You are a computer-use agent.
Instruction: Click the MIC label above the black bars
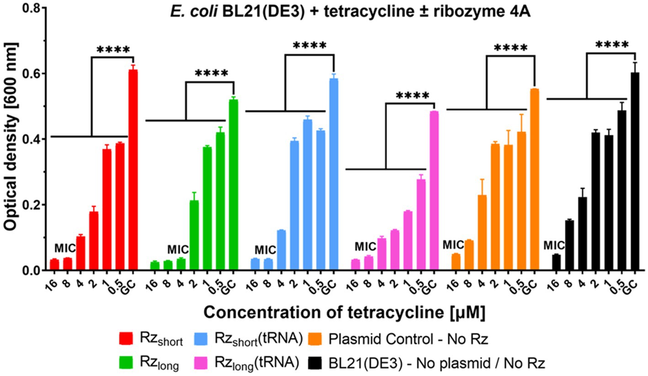[x=554, y=246]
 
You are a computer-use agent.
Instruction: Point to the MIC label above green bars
[x=178, y=250]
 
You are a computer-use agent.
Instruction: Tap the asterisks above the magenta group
[x=412, y=96]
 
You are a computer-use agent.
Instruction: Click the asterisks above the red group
[x=113, y=50]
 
